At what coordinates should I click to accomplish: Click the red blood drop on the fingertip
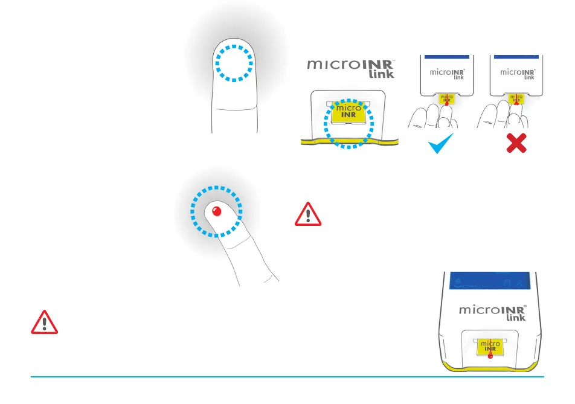click(217, 211)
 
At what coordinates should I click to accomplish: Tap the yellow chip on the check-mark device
click(446, 98)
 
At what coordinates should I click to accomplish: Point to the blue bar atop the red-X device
click(520, 56)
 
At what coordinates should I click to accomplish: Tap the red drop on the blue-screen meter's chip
click(489, 356)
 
